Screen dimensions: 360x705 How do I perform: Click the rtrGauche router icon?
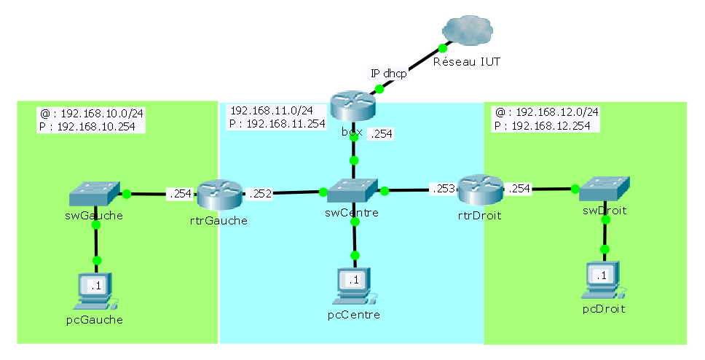point(218,194)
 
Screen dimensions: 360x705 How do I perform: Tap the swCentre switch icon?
point(352,191)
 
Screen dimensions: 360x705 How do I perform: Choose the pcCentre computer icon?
point(354,285)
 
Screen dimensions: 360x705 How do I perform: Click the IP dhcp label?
point(388,73)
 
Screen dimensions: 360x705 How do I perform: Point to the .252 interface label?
point(260,194)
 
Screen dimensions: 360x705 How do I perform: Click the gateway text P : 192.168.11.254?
point(277,124)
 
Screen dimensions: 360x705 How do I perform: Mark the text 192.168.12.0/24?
point(557,112)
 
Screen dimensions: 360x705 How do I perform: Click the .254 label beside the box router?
point(382,134)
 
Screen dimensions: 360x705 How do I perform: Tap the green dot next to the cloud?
point(441,49)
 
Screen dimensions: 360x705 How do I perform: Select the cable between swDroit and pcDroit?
point(604,225)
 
